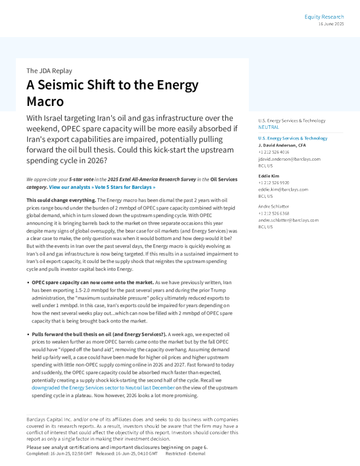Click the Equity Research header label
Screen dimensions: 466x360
pos(324,16)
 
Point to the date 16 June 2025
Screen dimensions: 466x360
pos(331,24)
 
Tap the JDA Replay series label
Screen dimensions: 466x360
pos(49,71)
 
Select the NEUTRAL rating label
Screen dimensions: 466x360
pos(269,127)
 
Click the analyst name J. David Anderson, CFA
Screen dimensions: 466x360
pos(282,145)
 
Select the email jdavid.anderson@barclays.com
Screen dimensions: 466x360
pos(289,159)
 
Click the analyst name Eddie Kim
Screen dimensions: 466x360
pos(268,176)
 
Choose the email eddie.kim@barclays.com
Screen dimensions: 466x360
pos(283,189)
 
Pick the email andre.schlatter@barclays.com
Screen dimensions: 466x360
pos(288,220)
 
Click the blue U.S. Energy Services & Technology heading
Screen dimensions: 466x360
pos(292,138)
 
